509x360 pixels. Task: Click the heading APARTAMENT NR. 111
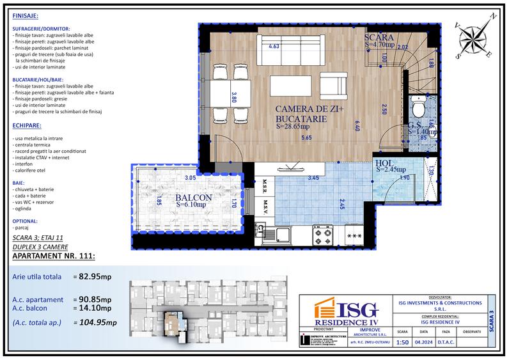[x=54, y=256]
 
